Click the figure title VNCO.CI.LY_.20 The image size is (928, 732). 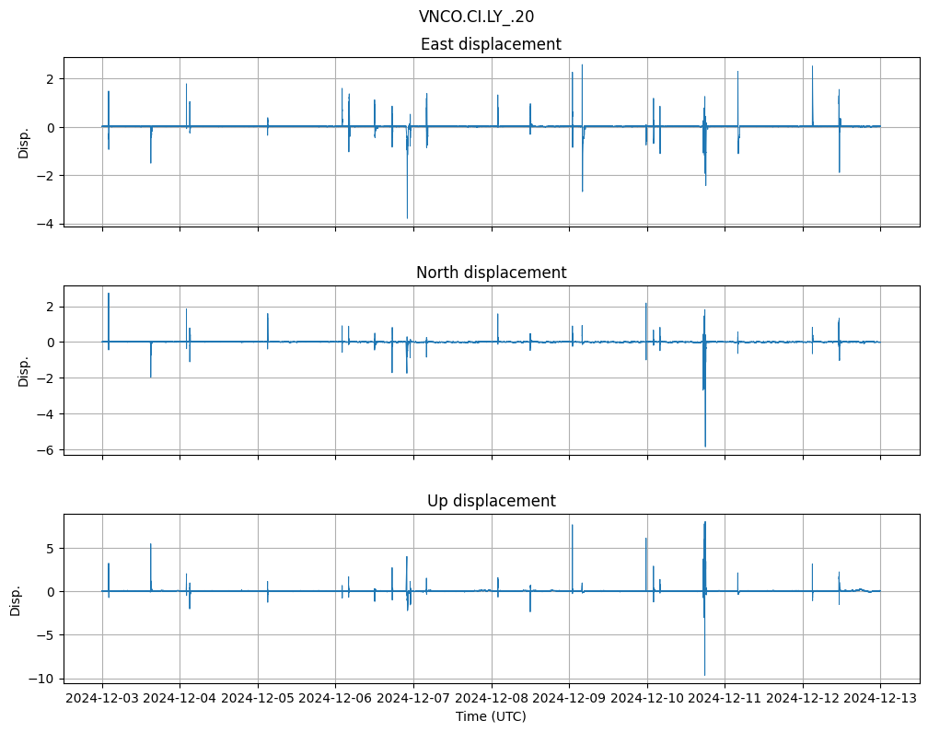coord(476,17)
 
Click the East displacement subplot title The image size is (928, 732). coord(491,44)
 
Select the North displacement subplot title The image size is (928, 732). coord(491,273)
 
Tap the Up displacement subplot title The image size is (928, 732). coord(491,501)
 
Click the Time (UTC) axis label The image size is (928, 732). coord(491,715)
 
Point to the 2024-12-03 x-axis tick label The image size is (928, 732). coord(102,698)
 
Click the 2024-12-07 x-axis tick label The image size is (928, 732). coord(413,698)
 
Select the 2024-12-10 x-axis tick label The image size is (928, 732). coord(647,698)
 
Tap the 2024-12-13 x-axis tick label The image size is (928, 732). coord(880,698)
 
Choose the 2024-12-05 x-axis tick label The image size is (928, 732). coord(258,698)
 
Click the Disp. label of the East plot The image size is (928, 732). coord(24,143)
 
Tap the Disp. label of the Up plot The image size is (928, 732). coord(16,599)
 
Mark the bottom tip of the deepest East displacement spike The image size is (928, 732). coord(407,218)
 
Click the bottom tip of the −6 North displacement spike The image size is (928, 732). coord(705,447)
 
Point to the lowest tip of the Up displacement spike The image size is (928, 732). coord(705,676)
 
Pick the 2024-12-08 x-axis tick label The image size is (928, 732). coord(491,698)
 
